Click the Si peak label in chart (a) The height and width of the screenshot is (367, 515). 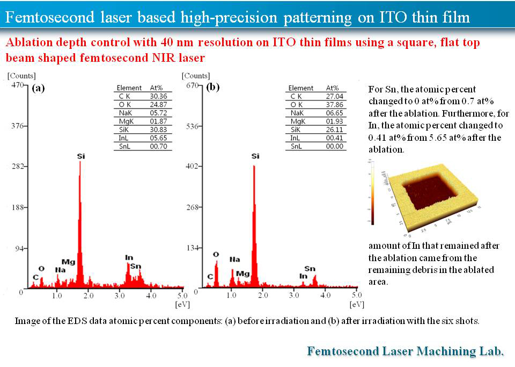[x=80, y=156]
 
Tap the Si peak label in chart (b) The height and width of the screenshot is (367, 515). [x=255, y=156]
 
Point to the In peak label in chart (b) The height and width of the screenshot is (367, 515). [x=303, y=276]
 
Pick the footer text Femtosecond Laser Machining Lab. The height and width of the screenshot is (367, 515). [x=405, y=351]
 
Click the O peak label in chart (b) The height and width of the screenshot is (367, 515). [x=216, y=254]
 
